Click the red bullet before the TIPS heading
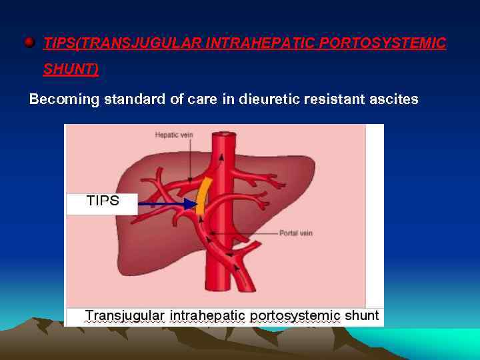point(29,43)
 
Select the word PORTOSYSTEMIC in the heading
point(383,43)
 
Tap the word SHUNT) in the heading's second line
point(71,69)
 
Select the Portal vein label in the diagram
point(295,233)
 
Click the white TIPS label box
point(102,201)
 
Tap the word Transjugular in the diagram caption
point(125,315)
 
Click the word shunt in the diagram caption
point(362,315)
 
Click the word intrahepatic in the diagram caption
point(208,315)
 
